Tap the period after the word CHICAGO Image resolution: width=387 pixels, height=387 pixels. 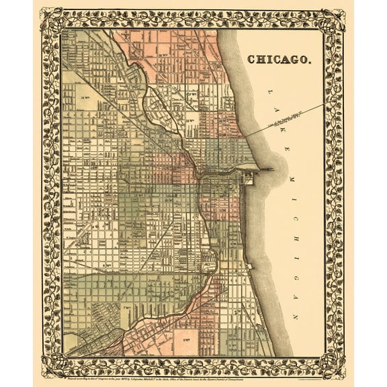point(310,62)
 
